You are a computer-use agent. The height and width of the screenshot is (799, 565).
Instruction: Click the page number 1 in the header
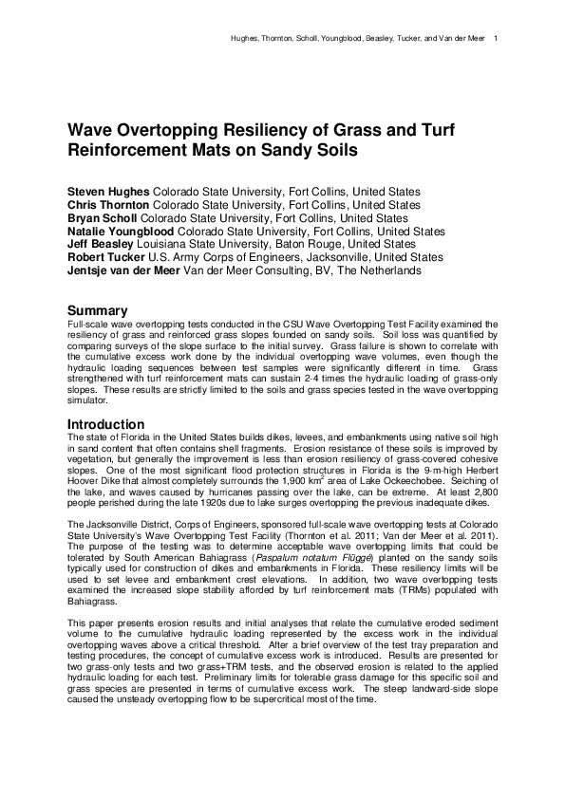(498, 39)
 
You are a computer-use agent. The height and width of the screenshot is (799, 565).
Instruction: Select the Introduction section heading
(105, 423)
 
